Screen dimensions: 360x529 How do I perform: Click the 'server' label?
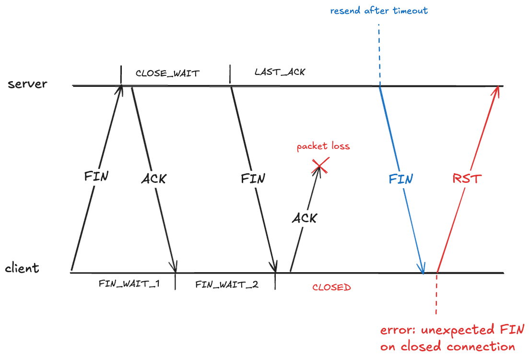pos(27,84)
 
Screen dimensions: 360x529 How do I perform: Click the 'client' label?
pos(22,268)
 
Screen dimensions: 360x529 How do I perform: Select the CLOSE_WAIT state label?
pos(167,73)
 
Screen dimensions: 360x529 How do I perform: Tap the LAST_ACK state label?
pos(280,72)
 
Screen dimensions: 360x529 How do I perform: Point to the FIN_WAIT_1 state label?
pos(129,284)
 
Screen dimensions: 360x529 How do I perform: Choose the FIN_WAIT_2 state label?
pos(227,284)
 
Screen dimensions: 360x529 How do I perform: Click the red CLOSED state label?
pos(331,288)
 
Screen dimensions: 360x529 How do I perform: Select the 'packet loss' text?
pos(323,146)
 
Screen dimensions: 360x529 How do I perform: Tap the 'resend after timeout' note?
pos(378,10)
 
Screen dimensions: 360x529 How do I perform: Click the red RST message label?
pos(467,179)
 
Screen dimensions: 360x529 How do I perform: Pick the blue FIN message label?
pos(400,179)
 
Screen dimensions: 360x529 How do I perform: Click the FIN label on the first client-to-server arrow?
pos(96,176)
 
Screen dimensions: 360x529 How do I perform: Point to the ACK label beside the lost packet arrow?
pos(304,218)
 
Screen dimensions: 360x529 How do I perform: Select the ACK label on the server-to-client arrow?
pos(153,179)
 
